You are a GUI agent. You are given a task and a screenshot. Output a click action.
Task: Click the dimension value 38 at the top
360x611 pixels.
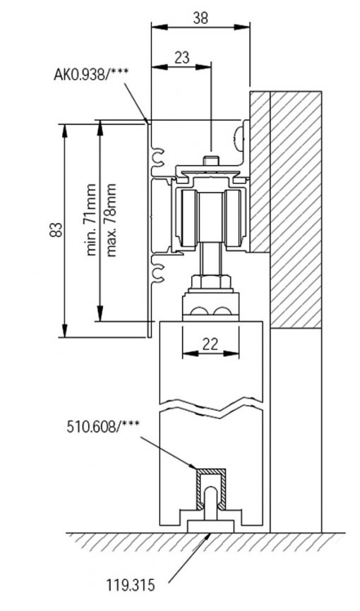200,18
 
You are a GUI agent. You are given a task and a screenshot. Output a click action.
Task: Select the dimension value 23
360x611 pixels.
181,58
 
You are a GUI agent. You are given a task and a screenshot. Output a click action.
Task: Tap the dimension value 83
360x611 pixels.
56,230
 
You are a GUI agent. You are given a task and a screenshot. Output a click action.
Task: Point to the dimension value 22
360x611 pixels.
210,344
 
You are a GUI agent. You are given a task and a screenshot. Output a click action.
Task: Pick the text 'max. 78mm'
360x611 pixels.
111,220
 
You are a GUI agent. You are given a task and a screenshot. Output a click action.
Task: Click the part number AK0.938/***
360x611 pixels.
91,74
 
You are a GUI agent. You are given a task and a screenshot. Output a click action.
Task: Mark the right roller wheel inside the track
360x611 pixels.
233,219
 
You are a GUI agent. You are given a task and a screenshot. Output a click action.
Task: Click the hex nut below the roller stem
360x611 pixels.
210,282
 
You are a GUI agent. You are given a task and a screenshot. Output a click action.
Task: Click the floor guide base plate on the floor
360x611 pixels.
210,526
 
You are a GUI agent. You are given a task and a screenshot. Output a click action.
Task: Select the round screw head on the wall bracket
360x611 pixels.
238,139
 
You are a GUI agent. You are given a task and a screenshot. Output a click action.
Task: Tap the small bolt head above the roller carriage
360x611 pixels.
211,160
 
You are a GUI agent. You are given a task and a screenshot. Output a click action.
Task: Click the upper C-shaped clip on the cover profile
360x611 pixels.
159,157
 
